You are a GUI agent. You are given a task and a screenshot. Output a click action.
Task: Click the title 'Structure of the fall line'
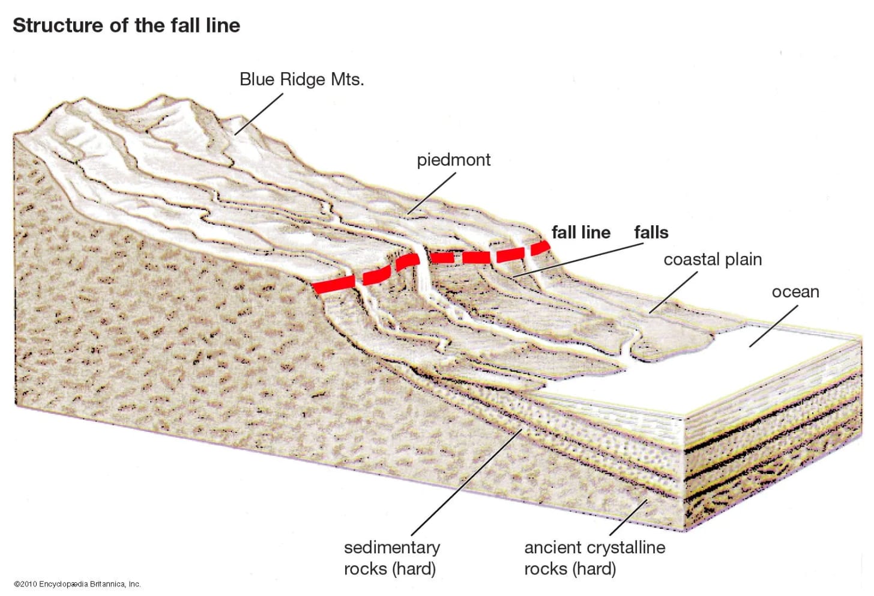point(126,25)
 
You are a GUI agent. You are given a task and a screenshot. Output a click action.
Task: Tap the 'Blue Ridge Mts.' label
point(301,79)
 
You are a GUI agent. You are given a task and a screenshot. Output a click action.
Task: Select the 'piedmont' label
point(453,160)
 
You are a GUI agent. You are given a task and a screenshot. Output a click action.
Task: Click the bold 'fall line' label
point(580,233)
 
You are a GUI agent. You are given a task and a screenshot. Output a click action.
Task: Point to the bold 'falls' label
point(651,233)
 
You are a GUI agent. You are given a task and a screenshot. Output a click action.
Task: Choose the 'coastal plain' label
point(713,260)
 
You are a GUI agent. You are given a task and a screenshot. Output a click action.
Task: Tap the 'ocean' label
point(795,292)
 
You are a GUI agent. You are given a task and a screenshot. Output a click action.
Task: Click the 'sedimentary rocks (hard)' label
point(391,558)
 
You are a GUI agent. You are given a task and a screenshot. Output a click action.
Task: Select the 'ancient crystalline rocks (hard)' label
point(594,558)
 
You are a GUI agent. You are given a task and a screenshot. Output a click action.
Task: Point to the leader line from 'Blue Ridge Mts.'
point(259,114)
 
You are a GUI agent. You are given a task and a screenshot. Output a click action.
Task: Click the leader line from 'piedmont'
point(432,193)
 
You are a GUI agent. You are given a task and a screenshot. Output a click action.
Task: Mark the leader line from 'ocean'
point(774,326)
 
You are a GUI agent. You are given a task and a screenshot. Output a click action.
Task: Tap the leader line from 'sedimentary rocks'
point(466,482)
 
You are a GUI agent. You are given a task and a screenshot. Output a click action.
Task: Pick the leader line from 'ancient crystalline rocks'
point(628,517)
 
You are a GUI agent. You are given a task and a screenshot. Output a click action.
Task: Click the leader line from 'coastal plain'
point(673,293)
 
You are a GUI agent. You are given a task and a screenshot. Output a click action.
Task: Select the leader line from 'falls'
point(576,260)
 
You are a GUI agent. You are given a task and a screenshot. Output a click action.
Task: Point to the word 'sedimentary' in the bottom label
point(391,547)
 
